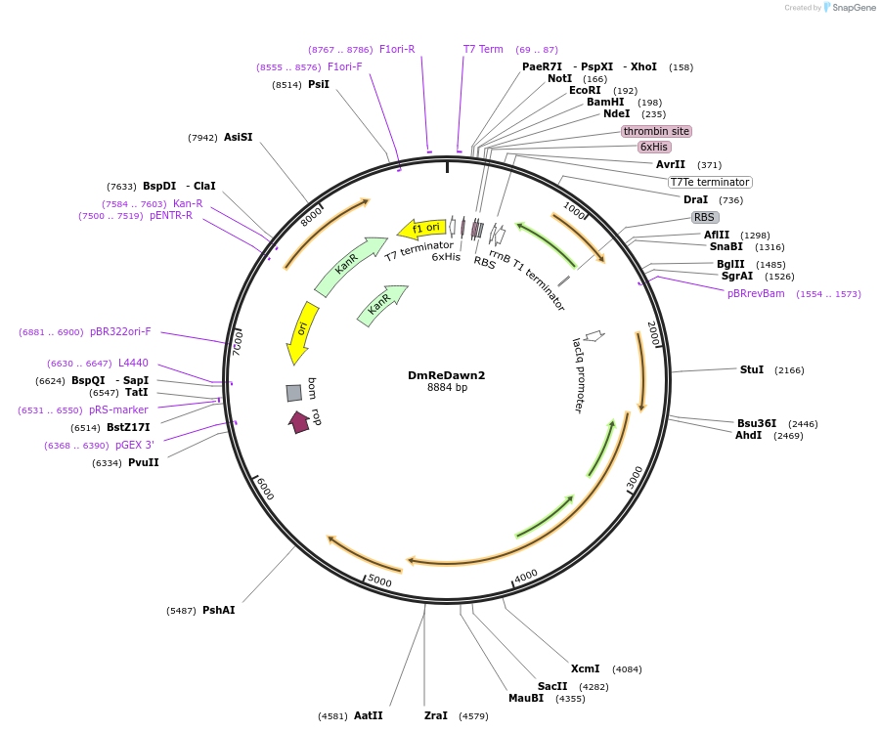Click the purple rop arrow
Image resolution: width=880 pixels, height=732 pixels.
tap(299, 422)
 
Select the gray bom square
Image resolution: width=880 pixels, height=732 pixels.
tap(294, 393)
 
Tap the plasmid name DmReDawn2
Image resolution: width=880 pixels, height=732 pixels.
tap(446, 375)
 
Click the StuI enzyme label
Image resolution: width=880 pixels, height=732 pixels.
tap(752, 369)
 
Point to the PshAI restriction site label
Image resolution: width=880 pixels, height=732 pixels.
tap(219, 610)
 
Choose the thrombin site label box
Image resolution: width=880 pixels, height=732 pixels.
tap(656, 131)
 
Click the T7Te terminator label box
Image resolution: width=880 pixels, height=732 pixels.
tap(710, 183)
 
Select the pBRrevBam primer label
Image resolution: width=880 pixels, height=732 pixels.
tap(756, 293)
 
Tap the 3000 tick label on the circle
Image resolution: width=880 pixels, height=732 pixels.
tap(635, 479)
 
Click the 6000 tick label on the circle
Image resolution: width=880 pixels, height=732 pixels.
tap(265, 488)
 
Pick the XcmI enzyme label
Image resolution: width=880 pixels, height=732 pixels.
tap(585, 668)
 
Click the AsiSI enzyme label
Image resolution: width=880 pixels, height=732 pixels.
tap(238, 137)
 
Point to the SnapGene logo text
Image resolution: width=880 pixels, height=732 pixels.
tap(854, 7)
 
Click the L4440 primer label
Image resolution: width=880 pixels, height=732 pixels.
tap(133, 363)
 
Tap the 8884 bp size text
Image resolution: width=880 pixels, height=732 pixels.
tap(447, 387)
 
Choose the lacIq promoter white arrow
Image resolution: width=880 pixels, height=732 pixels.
tap(594, 336)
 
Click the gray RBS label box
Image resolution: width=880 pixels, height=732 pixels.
tap(704, 217)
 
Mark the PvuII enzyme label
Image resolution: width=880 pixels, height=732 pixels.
tap(144, 462)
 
